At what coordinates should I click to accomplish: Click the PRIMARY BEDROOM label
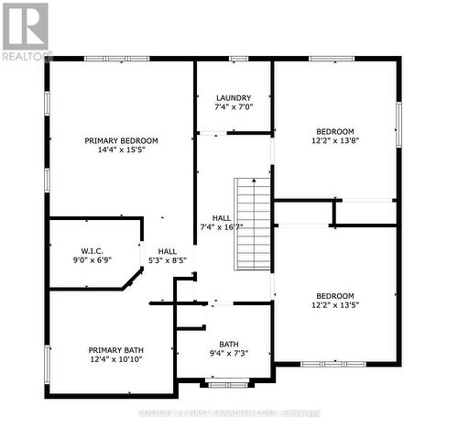[121, 140]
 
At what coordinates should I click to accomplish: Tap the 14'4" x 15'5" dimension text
[121, 150]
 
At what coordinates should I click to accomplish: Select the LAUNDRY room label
[234, 98]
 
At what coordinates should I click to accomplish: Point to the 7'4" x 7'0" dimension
[234, 108]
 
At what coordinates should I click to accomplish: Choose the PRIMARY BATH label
[115, 349]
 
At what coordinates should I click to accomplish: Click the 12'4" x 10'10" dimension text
[115, 360]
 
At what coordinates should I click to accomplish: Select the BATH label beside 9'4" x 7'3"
[228, 344]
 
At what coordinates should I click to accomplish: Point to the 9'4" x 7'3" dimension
[228, 354]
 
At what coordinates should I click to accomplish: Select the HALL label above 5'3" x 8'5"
[167, 250]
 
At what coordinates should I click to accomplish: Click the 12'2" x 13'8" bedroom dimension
[334, 141]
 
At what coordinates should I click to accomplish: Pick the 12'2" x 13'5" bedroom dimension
[334, 305]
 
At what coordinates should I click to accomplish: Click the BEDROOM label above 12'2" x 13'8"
[334, 131]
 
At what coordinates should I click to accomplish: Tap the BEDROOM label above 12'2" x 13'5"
[334, 295]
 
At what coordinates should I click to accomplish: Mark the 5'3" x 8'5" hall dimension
[167, 260]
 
